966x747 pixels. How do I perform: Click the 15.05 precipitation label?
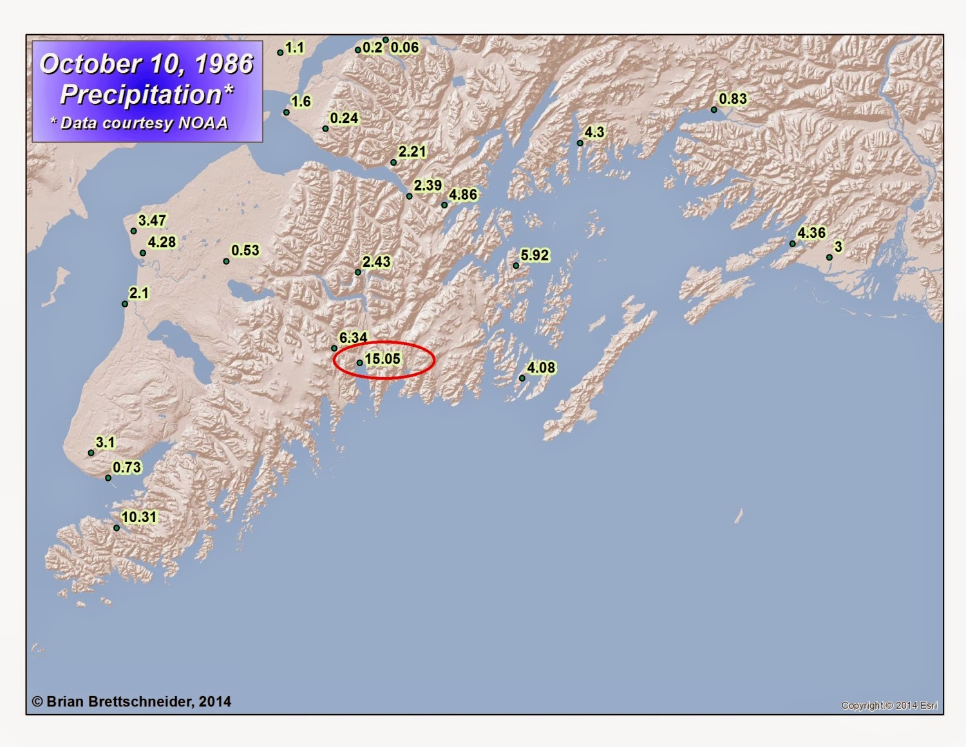click(383, 359)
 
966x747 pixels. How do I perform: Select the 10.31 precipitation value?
click(139, 517)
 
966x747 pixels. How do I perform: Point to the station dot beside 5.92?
click(516, 266)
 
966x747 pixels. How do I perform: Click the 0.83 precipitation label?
click(733, 99)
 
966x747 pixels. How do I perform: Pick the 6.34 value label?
click(353, 337)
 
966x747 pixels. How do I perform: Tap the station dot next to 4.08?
click(522, 378)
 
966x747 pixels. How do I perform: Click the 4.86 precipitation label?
click(463, 195)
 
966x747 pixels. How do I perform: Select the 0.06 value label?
click(404, 47)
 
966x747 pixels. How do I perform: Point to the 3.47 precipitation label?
click(152, 220)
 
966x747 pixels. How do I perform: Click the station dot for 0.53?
click(226, 261)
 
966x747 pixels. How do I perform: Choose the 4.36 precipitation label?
click(811, 233)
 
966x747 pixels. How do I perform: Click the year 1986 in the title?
click(223, 64)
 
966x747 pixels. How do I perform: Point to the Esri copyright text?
click(889, 705)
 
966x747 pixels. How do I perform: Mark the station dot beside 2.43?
click(358, 273)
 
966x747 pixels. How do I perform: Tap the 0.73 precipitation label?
click(127, 467)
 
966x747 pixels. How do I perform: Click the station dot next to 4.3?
click(580, 143)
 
